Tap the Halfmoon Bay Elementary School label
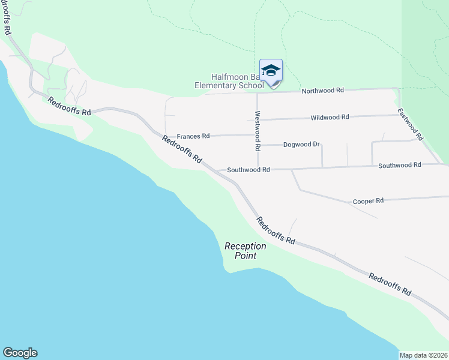tap(229, 81)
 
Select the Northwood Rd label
tap(322, 91)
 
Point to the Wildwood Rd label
tap(330, 118)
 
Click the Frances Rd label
tap(193, 136)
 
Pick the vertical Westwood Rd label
tap(258, 130)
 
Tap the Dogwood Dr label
tap(301, 145)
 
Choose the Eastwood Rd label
tap(411, 124)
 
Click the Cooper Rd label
tap(368, 201)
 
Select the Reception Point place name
tap(241, 251)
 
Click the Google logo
tap(20, 353)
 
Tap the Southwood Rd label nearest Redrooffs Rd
tap(249, 170)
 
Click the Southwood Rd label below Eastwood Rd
tap(400, 165)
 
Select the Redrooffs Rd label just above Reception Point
tap(276, 230)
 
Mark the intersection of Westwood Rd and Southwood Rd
tap(258, 168)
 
